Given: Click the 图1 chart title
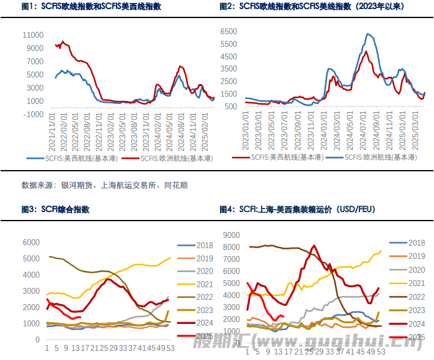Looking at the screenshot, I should (91, 7).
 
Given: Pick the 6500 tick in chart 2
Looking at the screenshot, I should (231, 30).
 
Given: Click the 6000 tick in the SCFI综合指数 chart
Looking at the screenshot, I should (31, 242).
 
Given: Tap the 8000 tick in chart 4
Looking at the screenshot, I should (232, 247).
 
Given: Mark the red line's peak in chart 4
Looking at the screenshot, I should (314, 245).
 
